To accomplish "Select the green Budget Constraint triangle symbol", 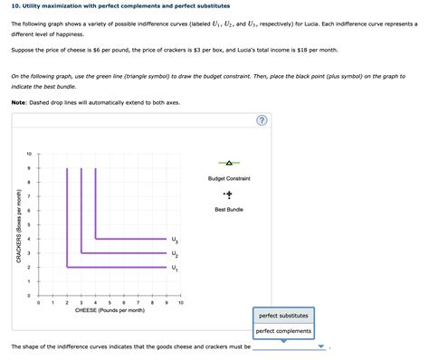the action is click(x=229, y=163).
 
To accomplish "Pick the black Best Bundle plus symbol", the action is click(x=229, y=194).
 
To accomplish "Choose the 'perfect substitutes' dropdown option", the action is click(x=283, y=316).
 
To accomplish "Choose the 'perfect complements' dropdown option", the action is click(x=284, y=330).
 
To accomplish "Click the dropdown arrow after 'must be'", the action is click(x=321, y=346).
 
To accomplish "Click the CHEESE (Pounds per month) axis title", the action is click(x=110, y=310).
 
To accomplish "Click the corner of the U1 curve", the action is click(x=67, y=267).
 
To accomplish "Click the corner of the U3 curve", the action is click(x=96, y=239).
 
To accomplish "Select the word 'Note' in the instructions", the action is click(x=19, y=101).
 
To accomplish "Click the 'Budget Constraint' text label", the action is click(x=229, y=178).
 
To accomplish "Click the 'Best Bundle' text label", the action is click(x=229, y=210).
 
